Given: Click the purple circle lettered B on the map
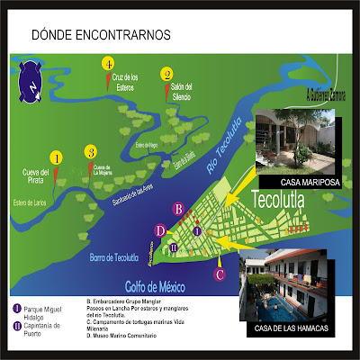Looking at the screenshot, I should (179, 209).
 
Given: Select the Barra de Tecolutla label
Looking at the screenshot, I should (113, 256).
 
